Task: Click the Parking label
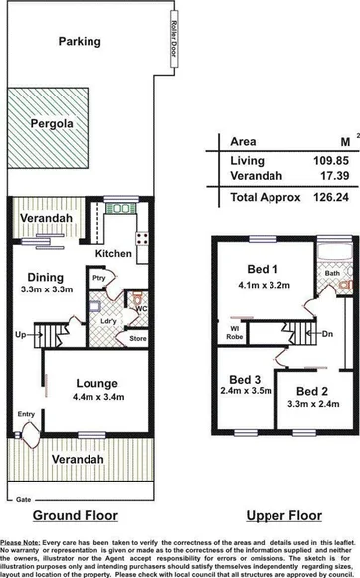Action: coord(79,42)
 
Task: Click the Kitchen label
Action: coord(113,254)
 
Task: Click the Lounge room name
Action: coord(96,383)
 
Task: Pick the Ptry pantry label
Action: coord(98,278)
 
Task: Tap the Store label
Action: coord(138,339)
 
